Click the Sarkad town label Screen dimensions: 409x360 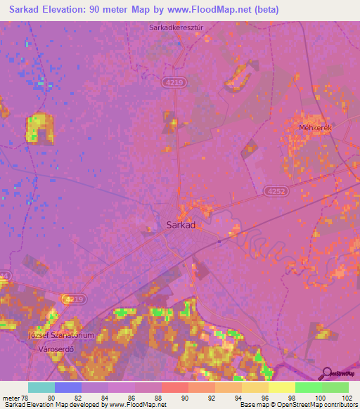coord(180,226)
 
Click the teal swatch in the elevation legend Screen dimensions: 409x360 coord(41,387)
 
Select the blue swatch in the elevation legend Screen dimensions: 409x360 coord(68,387)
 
